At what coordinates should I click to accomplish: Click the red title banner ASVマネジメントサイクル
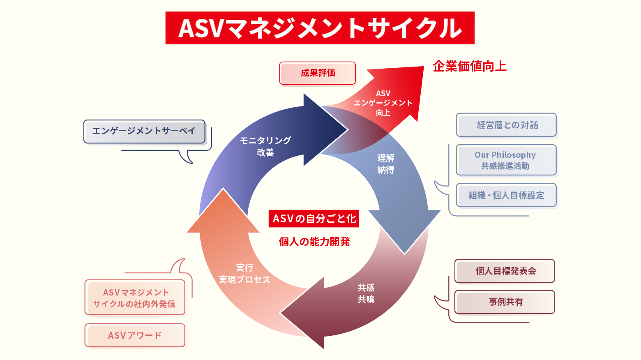(x=320, y=28)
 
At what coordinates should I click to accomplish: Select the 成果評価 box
(x=318, y=73)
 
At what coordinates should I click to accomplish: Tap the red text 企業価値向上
(x=470, y=66)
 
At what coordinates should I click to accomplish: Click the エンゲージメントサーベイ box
(x=144, y=131)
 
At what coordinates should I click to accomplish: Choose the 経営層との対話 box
(x=507, y=125)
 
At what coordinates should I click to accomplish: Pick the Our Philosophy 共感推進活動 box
(x=506, y=160)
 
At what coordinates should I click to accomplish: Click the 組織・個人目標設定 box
(x=506, y=195)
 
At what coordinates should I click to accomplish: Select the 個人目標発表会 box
(x=505, y=271)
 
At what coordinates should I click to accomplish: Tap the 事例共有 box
(x=505, y=302)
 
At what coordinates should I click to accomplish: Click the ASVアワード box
(x=135, y=335)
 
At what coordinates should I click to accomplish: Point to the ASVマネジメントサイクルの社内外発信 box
(x=135, y=298)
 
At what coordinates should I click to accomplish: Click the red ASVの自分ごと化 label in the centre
(x=314, y=219)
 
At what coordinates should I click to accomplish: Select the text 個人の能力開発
(x=314, y=242)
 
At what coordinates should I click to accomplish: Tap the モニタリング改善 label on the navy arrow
(x=265, y=146)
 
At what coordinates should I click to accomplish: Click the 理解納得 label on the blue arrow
(x=386, y=164)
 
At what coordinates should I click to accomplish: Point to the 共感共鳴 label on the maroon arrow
(x=366, y=293)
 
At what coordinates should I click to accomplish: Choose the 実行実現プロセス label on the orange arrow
(x=244, y=274)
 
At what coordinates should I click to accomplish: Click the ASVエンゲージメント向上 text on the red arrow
(x=383, y=103)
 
